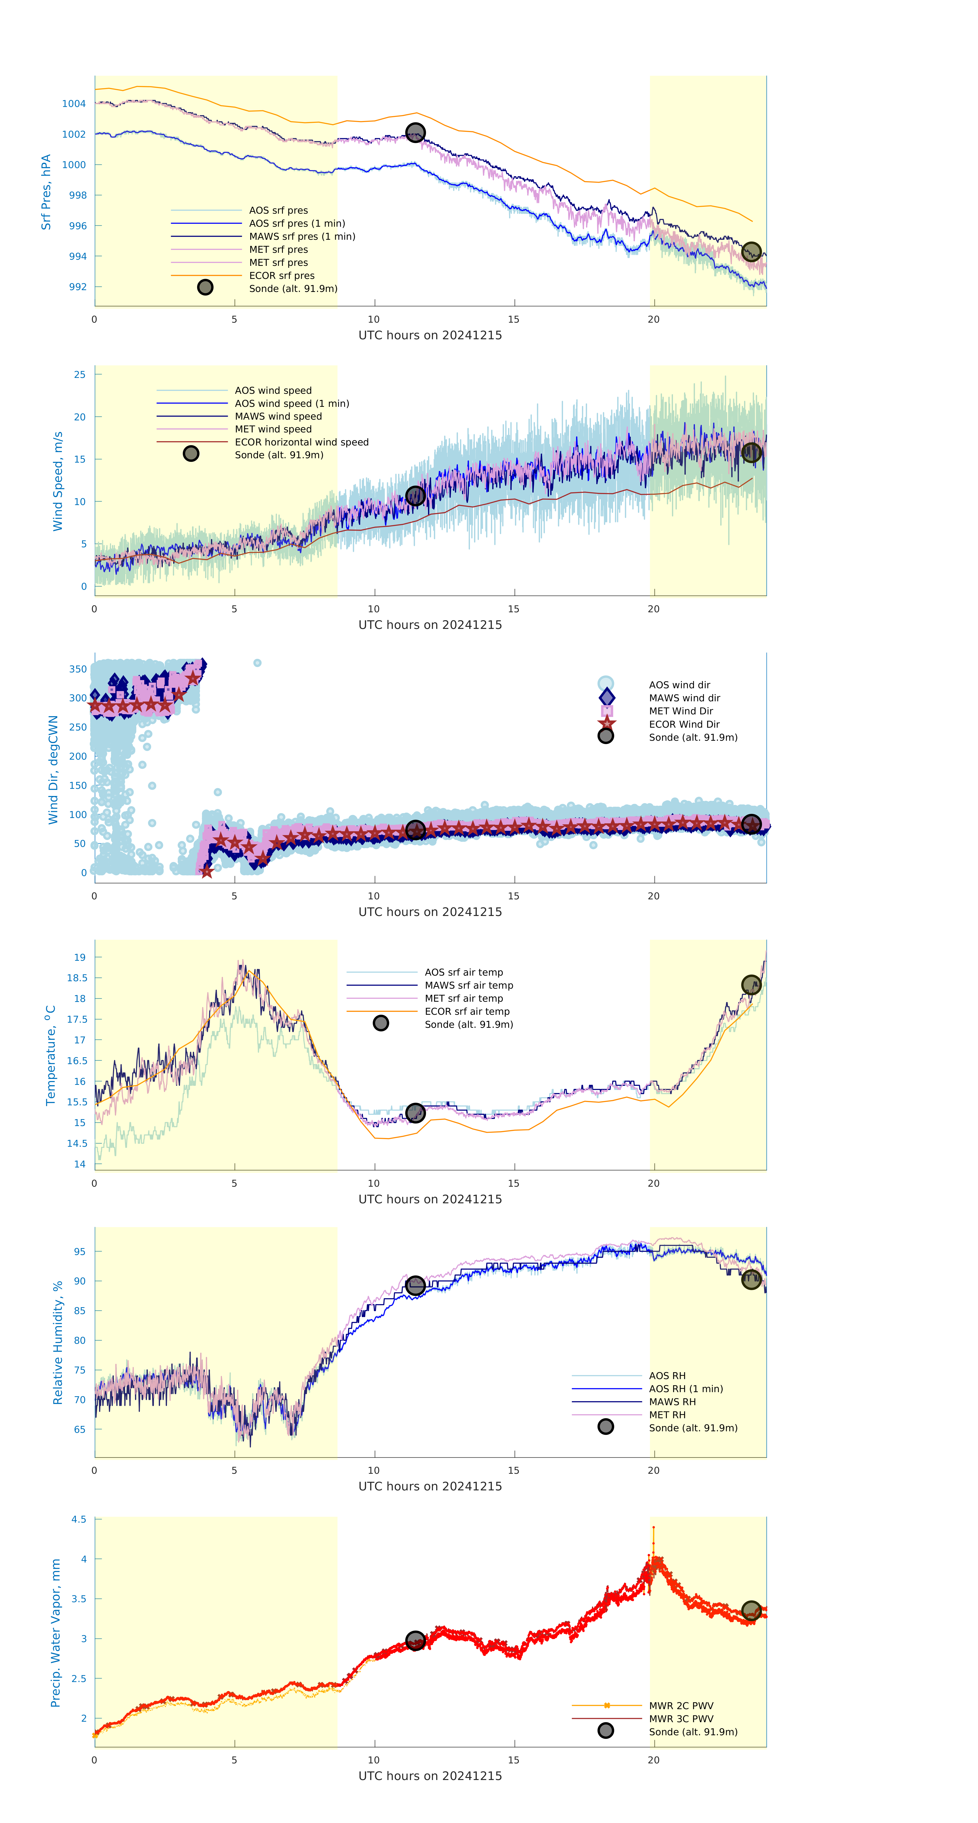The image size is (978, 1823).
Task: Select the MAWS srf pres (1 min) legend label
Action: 302,236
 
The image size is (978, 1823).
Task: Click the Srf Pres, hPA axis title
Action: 46,192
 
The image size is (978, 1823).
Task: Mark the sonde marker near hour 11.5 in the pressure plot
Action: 415,132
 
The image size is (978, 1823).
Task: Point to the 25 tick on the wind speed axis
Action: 80,374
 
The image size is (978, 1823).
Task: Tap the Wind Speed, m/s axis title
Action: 57,481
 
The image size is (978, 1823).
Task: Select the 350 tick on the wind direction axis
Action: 78,669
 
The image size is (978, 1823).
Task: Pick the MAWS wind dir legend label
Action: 684,698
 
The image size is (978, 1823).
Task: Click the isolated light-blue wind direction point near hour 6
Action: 257,663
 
